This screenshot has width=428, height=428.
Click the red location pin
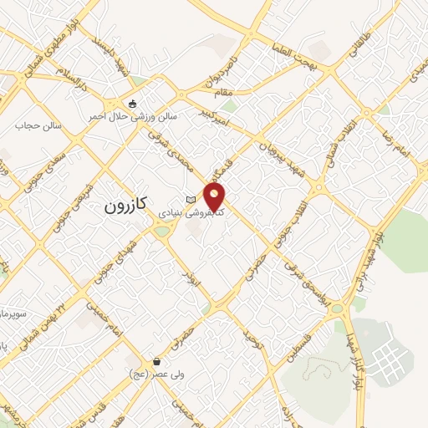coord(216,197)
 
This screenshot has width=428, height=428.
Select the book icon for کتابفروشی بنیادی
coord(191,199)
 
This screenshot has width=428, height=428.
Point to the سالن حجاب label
coord(33,125)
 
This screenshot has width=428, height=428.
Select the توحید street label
coord(252,344)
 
